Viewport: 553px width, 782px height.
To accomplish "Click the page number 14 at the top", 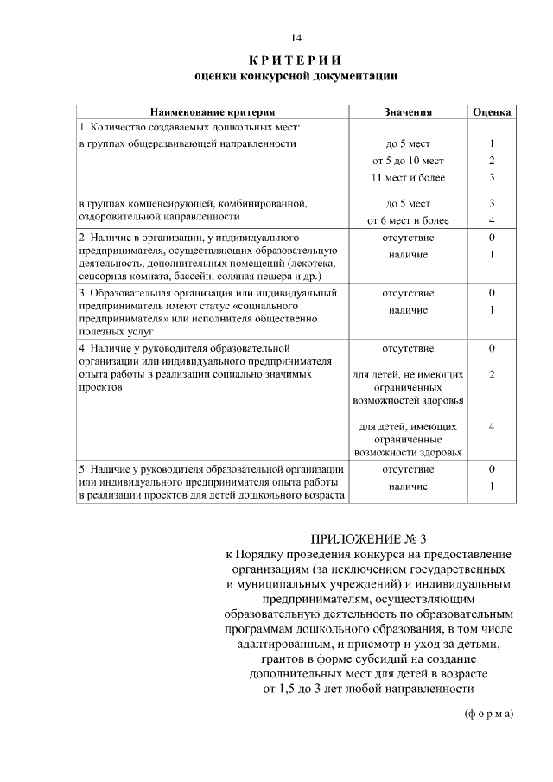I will (296, 38).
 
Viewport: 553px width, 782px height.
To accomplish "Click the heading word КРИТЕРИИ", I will (296, 60).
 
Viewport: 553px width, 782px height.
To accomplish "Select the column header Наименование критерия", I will (213, 112).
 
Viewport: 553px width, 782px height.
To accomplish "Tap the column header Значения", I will (408, 112).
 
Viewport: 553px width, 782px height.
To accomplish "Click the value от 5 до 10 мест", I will (408, 161).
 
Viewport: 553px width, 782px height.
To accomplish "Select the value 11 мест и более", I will (408, 178).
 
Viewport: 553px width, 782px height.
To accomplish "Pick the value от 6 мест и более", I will (408, 220).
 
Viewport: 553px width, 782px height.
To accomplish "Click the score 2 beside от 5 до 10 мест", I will (492, 161).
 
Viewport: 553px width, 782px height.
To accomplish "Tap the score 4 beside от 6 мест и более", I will (492, 220).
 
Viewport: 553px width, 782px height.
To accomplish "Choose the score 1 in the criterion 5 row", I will (492, 486).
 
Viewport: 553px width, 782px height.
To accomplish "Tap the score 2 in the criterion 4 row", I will (492, 375).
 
